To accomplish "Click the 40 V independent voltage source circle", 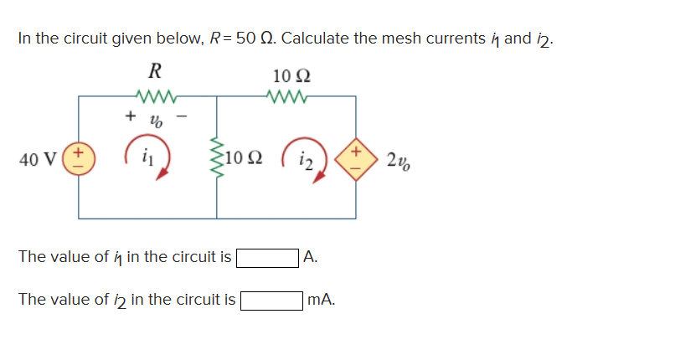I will [x=79, y=157].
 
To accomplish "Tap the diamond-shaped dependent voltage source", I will [x=354, y=157].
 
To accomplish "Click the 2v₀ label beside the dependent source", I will [x=399, y=157].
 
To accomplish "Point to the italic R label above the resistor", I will [x=154, y=69].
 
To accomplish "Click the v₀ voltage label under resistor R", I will [x=154, y=120].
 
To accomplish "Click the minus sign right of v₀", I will [x=178, y=117].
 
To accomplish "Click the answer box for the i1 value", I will [x=267, y=257].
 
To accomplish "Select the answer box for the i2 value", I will [x=272, y=299].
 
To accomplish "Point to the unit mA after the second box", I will [x=321, y=299].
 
